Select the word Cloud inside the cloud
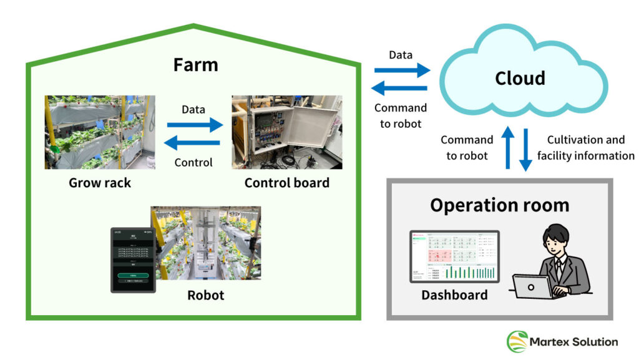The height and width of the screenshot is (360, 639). (x=520, y=78)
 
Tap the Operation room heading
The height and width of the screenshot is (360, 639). (x=499, y=205)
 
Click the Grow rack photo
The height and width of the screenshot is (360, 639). (x=100, y=132)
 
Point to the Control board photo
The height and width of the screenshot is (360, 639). (x=286, y=132)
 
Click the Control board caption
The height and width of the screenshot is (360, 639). (x=286, y=183)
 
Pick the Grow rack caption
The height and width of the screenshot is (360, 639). (x=100, y=183)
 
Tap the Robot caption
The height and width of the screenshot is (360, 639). (x=205, y=294)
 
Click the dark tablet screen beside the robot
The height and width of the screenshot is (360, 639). (x=130, y=259)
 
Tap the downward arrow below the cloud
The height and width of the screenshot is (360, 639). (x=525, y=148)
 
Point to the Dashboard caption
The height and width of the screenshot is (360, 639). (x=454, y=295)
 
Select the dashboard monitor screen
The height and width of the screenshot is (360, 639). (x=454, y=256)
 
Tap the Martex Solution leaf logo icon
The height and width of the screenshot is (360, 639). (x=517, y=342)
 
